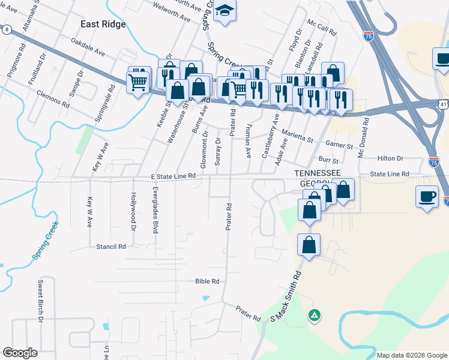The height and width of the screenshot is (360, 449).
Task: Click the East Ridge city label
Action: [x=103, y=24]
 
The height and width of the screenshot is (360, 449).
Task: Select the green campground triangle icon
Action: [x=313, y=314]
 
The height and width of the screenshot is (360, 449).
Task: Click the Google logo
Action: [x=20, y=353]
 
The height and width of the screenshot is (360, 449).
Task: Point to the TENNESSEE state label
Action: [x=318, y=173]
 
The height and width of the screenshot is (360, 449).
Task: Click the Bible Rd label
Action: [x=207, y=281]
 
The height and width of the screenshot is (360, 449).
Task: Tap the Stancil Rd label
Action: [x=111, y=246]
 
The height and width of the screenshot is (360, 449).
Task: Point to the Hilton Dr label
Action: [x=390, y=158]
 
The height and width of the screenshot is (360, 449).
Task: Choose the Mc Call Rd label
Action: [x=319, y=27]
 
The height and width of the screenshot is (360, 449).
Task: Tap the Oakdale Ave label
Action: [x=88, y=48]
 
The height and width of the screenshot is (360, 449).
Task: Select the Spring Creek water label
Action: [x=45, y=240]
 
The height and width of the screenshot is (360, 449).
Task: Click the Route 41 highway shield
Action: [x=443, y=104]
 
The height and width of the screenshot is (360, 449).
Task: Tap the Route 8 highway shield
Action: [x=6, y=29]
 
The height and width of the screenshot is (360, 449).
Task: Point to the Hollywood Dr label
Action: [x=133, y=210]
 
